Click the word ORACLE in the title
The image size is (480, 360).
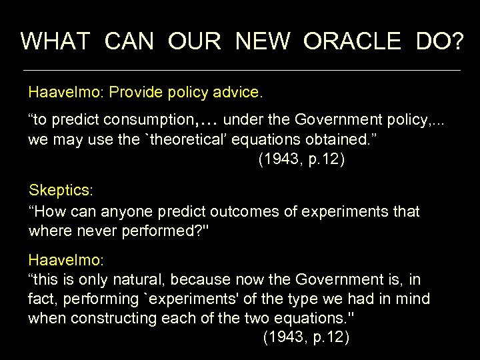pos(352,41)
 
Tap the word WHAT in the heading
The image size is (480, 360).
pos(55,41)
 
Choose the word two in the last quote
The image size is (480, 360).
pos(264,318)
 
